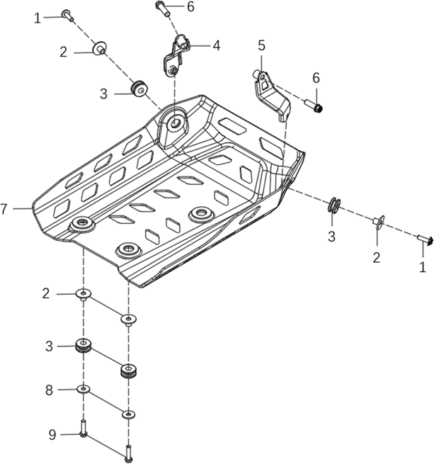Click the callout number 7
coord(5,209)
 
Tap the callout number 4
coord(216,45)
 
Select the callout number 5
coord(261,45)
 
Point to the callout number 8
coord(49,390)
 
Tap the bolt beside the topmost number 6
coord(161,9)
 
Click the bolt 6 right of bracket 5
coord(314,106)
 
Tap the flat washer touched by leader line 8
coord(84,390)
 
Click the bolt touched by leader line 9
coord(84,428)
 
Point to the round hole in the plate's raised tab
coord(174,122)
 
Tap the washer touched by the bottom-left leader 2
coord(84,294)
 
